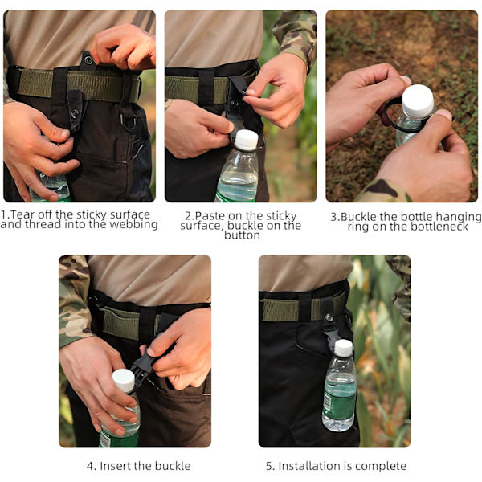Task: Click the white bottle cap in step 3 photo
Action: pyautogui.click(x=418, y=100)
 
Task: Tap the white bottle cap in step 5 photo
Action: pyautogui.click(x=343, y=348)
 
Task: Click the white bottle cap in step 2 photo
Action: pyautogui.click(x=247, y=140)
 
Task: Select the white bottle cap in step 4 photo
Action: pyautogui.click(x=124, y=380)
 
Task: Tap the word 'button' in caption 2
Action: pyautogui.click(x=242, y=235)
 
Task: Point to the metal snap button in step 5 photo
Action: pyautogui.click(x=329, y=317)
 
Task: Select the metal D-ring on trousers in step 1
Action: pyautogui.click(x=128, y=120)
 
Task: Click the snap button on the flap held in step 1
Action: pyautogui.click(x=88, y=60)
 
